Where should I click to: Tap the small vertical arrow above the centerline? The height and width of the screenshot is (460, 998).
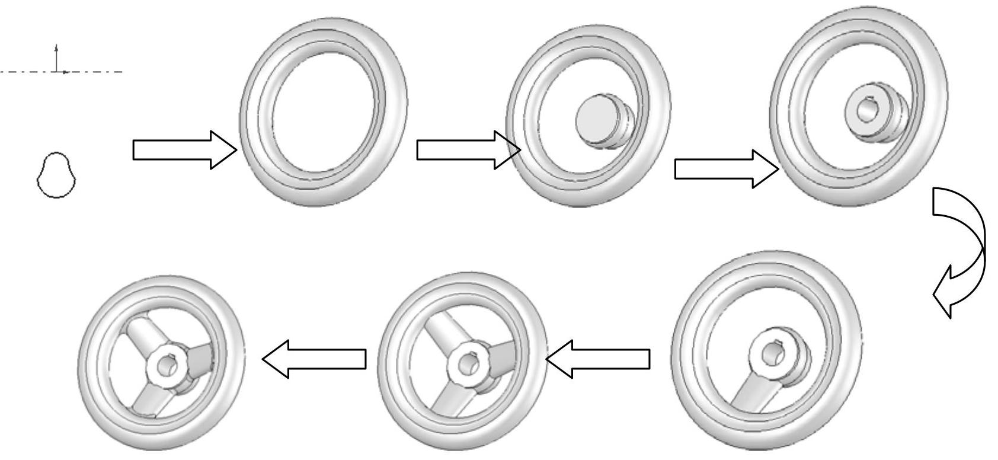click(56, 56)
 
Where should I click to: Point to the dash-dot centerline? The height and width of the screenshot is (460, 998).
click(95, 72)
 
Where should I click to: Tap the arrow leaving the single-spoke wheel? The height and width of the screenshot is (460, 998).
click(599, 359)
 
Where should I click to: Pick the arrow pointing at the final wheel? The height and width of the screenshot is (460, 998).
click(314, 359)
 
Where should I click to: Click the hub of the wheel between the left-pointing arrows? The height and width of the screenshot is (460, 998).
click(468, 363)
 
